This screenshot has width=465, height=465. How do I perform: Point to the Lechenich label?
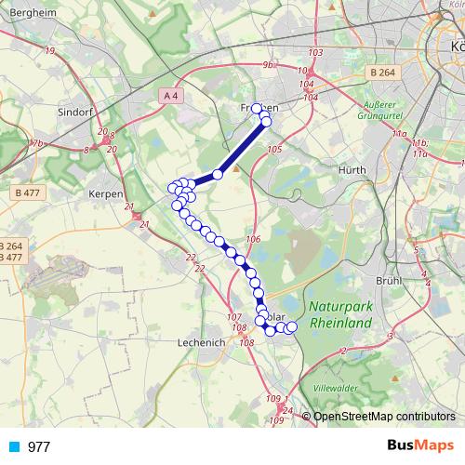tap(202, 342)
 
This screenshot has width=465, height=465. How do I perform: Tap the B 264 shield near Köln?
tap(381, 72)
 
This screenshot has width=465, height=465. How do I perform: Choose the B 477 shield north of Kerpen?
tap(27, 193)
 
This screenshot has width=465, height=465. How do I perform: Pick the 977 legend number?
tap(39, 446)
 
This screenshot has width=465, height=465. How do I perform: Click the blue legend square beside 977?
tap(14, 446)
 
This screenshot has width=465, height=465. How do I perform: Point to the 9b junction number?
tap(269, 65)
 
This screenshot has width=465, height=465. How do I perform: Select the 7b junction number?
tap(37, 143)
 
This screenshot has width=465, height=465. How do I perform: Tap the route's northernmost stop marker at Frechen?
tap(258, 109)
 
